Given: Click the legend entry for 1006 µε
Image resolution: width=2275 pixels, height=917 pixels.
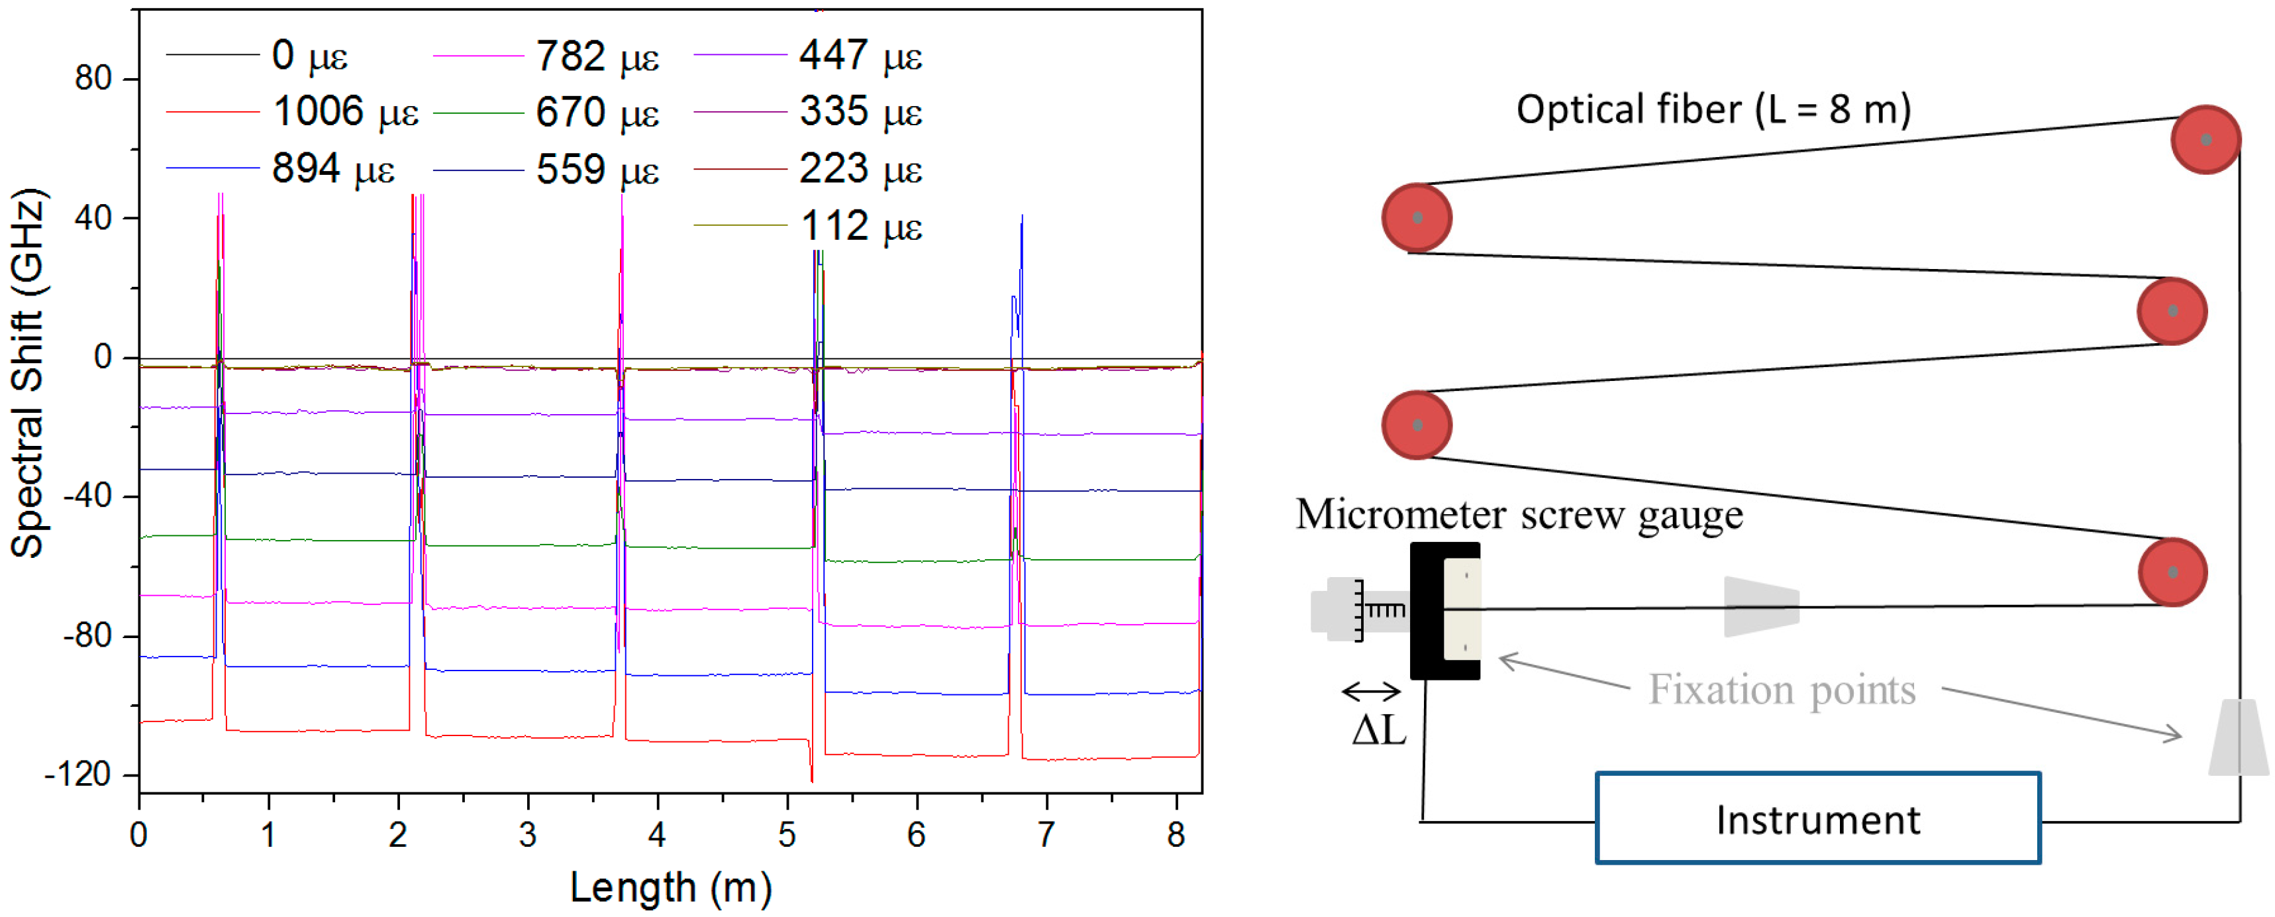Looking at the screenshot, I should click(344, 112).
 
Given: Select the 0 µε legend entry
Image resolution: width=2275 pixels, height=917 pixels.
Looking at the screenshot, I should click(309, 56).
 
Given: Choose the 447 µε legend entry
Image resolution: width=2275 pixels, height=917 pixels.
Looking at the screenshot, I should click(860, 56).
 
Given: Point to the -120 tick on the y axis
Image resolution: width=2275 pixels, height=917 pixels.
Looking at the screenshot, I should click(77, 775).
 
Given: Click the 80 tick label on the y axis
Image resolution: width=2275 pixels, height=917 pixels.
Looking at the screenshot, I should click(93, 79).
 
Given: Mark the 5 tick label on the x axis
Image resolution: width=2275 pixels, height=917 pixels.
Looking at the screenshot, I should click(787, 834).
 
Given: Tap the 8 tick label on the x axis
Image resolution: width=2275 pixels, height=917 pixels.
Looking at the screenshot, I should click(1176, 834).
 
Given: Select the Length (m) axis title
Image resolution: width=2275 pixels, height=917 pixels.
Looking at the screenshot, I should click(670, 887).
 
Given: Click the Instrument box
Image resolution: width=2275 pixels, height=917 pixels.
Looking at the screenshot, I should click(1817, 819).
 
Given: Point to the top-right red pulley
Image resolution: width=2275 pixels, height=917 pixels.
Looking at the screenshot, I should click(2205, 140).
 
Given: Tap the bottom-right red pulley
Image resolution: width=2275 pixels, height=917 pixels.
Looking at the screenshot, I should click(2172, 572).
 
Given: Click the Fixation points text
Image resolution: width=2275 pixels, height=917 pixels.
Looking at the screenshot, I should click(1782, 690).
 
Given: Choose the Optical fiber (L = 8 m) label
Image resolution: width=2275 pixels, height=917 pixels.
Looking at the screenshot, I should click(1713, 109).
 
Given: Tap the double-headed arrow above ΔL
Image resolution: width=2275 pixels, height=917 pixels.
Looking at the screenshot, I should click(1371, 691).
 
